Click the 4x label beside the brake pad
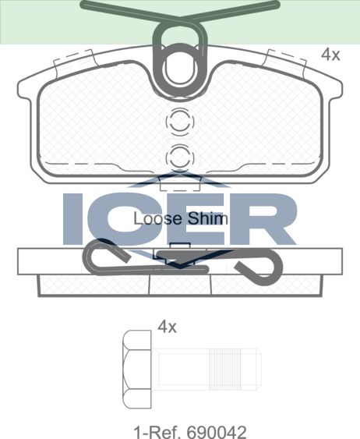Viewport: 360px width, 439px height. (x=330, y=55)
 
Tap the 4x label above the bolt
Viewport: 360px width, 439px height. (x=167, y=327)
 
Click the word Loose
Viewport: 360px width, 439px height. (x=157, y=218)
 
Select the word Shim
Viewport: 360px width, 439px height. (x=207, y=218)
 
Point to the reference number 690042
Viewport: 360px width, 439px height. (x=217, y=432)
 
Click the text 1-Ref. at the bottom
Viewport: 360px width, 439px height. (x=157, y=432)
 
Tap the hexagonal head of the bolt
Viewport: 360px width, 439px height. (x=137, y=369)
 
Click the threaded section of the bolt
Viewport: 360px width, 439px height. (x=225, y=369)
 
